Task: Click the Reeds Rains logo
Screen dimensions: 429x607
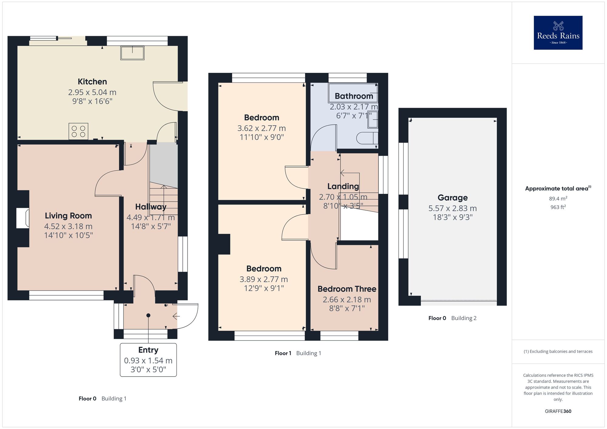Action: (558, 32)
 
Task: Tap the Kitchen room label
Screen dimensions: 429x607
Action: (92, 82)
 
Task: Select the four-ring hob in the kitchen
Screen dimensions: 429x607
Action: (78, 131)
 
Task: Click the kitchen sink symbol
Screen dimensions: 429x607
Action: (132, 53)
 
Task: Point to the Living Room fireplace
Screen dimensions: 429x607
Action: (23, 218)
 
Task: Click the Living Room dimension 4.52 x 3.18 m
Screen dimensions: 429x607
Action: (68, 226)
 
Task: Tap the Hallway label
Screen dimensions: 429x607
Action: (151, 207)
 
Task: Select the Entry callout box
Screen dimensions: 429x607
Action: (148, 360)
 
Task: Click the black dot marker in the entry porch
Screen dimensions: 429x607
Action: (148, 316)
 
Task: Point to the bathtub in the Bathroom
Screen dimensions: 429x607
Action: (353, 93)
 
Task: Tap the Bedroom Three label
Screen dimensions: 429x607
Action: (347, 289)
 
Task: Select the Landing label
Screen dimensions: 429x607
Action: (343, 186)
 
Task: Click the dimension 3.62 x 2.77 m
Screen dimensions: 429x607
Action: (261, 128)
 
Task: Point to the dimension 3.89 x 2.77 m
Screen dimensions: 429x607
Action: (263, 279)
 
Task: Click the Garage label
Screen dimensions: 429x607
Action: (453, 198)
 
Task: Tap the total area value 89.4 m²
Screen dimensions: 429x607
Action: (558, 199)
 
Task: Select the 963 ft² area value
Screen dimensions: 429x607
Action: (558, 207)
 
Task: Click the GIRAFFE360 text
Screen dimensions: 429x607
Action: (558, 411)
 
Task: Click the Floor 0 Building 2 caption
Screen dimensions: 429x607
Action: (452, 318)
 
